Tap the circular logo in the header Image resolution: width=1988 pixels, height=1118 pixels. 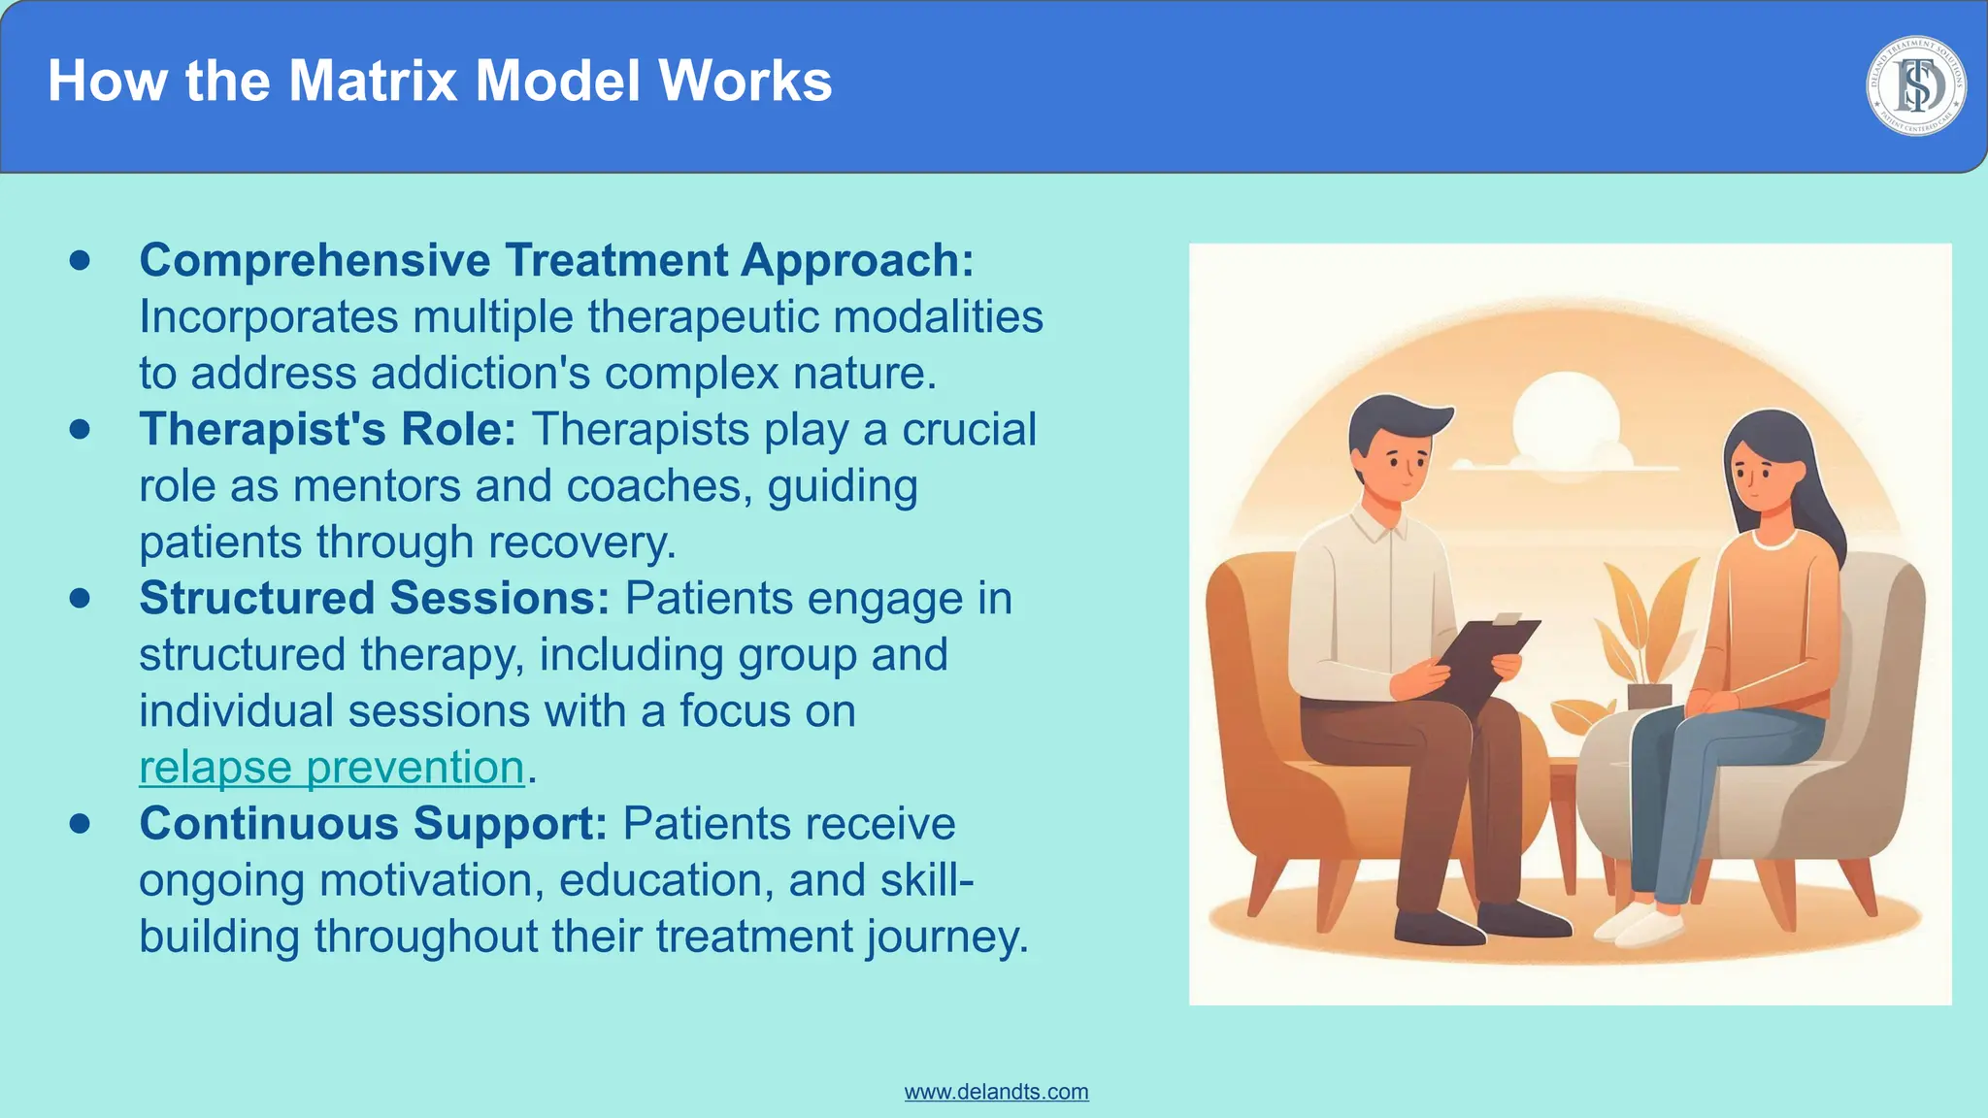(1915, 86)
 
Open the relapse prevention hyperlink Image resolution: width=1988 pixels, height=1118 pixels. (331, 768)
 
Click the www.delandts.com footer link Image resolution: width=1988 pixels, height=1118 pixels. (996, 1092)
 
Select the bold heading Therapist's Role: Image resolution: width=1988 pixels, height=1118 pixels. (327, 430)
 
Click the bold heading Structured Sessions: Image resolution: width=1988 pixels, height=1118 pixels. (374, 599)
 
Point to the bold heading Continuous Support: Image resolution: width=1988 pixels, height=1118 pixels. (373, 824)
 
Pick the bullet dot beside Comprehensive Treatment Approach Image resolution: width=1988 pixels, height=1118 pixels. (81, 260)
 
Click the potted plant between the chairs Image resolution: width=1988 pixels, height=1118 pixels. (1645, 631)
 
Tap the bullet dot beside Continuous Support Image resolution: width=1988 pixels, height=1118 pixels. (81, 824)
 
